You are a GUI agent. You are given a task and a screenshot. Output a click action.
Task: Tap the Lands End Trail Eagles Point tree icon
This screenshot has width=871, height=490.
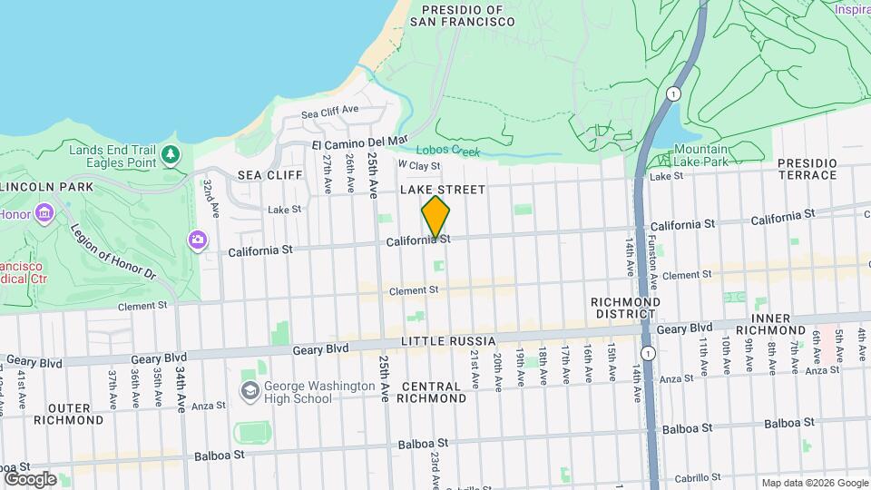[171, 155]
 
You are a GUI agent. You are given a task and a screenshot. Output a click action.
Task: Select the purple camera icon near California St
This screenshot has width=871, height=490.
[197, 240]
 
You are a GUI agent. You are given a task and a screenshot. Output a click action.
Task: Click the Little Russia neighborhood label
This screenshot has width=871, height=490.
[450, 341]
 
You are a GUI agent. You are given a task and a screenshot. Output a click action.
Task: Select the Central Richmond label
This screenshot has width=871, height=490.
[432, 391]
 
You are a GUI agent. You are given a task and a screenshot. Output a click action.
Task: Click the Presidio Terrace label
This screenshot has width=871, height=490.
[807, 168]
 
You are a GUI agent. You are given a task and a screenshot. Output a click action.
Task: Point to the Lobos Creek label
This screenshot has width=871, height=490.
[447, 152]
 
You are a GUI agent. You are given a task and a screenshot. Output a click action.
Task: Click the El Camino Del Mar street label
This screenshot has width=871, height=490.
[360, 143]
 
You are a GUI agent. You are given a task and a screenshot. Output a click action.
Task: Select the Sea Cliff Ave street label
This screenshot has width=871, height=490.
[329, 112]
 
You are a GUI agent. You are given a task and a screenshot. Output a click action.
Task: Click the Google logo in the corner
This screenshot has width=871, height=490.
[30, 479]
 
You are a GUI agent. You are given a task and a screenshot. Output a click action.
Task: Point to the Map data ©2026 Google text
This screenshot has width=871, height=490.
[814, 484]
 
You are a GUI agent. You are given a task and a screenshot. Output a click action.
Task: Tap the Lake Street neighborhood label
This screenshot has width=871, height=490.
[443, 189]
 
